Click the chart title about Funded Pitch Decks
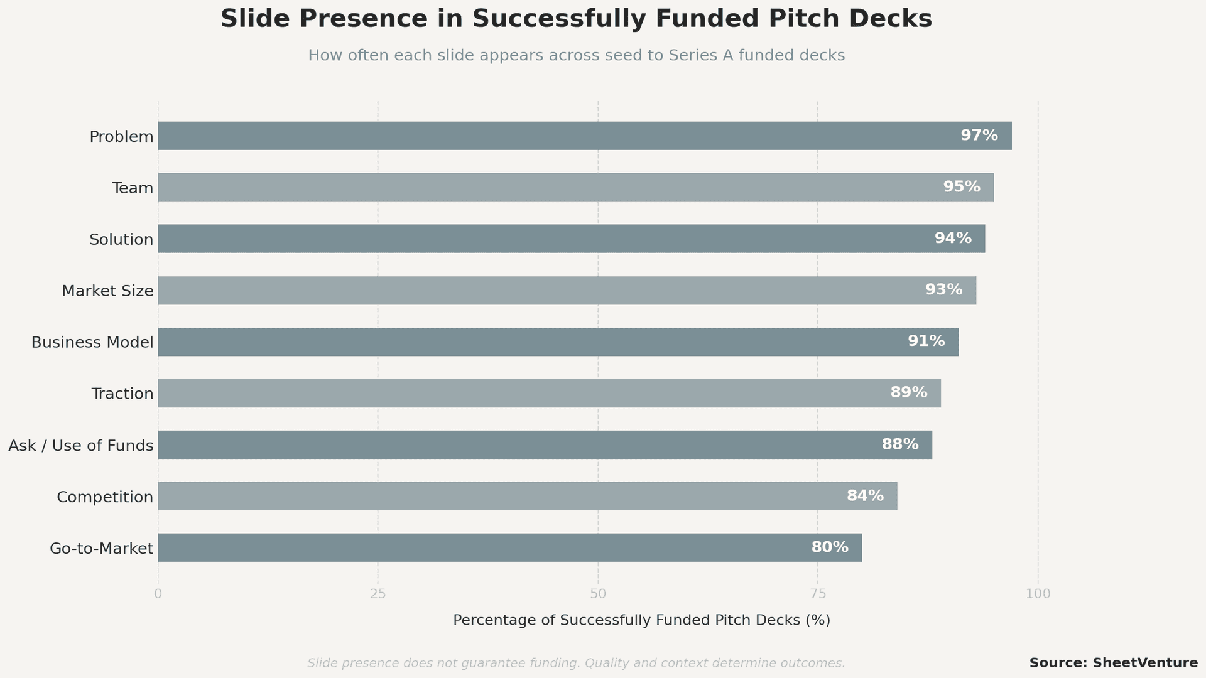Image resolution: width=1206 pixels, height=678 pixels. point(576,19)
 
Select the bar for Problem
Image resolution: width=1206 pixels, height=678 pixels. point(584,136)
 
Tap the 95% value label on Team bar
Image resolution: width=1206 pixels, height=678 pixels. point(961,187)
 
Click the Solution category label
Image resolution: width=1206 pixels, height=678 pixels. point(121,239)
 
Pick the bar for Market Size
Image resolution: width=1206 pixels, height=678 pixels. point(567,291)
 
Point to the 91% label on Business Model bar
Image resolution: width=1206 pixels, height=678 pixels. point(926,342)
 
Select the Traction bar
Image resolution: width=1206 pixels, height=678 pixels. point(549,393)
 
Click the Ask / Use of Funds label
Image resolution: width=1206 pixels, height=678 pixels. point(81,446)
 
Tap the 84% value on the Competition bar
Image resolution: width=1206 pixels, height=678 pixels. point(865,496)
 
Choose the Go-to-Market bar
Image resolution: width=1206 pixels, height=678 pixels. point(509,547)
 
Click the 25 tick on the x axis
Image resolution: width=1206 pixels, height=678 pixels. point(378,594)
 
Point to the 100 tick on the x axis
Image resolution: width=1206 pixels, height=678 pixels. point(1038,594)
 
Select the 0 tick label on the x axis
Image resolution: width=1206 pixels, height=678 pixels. point(158,594)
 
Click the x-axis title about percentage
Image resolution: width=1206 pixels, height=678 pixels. point(641,620)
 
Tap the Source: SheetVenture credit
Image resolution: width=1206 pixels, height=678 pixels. point(1113,663)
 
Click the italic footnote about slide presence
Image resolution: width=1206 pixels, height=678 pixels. point(576,664)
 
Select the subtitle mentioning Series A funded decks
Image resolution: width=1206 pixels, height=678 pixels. point(576,56)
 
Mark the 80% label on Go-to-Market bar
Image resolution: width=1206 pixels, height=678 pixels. point(829,547)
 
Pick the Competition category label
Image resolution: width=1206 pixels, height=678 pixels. point(105,497)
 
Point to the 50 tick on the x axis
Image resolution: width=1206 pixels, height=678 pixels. point(597,594)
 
